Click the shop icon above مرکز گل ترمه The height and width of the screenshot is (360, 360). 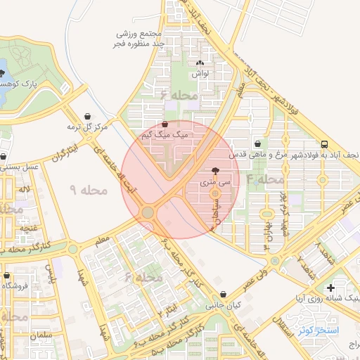[86, 116]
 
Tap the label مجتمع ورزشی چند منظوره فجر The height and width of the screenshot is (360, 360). [141, 39]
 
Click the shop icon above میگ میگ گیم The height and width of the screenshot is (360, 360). [165, 124]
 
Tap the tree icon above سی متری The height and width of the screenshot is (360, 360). [214, 171]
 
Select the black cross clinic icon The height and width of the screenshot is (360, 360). [330, 288]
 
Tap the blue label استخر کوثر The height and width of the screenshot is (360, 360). [319, 330]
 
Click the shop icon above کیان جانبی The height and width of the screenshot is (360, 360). [223, 295]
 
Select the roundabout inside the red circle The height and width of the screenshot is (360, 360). [148, 212]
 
